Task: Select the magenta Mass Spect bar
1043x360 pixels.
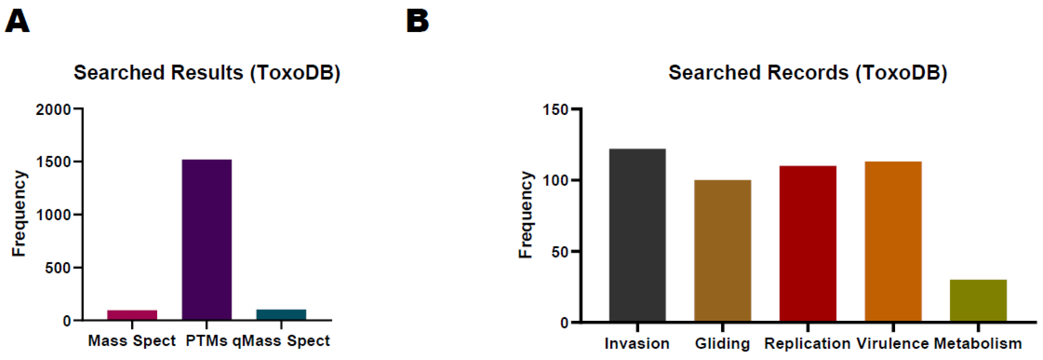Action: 132,315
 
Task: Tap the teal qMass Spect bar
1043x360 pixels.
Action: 281,314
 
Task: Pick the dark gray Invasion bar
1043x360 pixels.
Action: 637,235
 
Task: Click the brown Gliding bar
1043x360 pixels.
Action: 722,251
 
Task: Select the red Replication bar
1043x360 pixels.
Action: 808,243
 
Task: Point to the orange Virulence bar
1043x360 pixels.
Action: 893,241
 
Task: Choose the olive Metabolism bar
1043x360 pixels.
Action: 978,300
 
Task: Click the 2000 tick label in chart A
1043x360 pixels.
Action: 53,109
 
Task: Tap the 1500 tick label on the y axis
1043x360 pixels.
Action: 53,162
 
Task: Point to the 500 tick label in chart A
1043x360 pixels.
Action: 57,268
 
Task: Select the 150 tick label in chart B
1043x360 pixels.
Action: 555,109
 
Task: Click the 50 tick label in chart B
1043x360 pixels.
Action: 560,252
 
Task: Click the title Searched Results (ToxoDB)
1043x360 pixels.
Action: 207,73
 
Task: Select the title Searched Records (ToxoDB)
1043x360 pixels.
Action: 808,73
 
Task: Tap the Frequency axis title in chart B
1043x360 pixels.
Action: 526,215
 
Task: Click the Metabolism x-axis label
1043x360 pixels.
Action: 978,343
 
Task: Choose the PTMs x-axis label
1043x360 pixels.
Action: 206,341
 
